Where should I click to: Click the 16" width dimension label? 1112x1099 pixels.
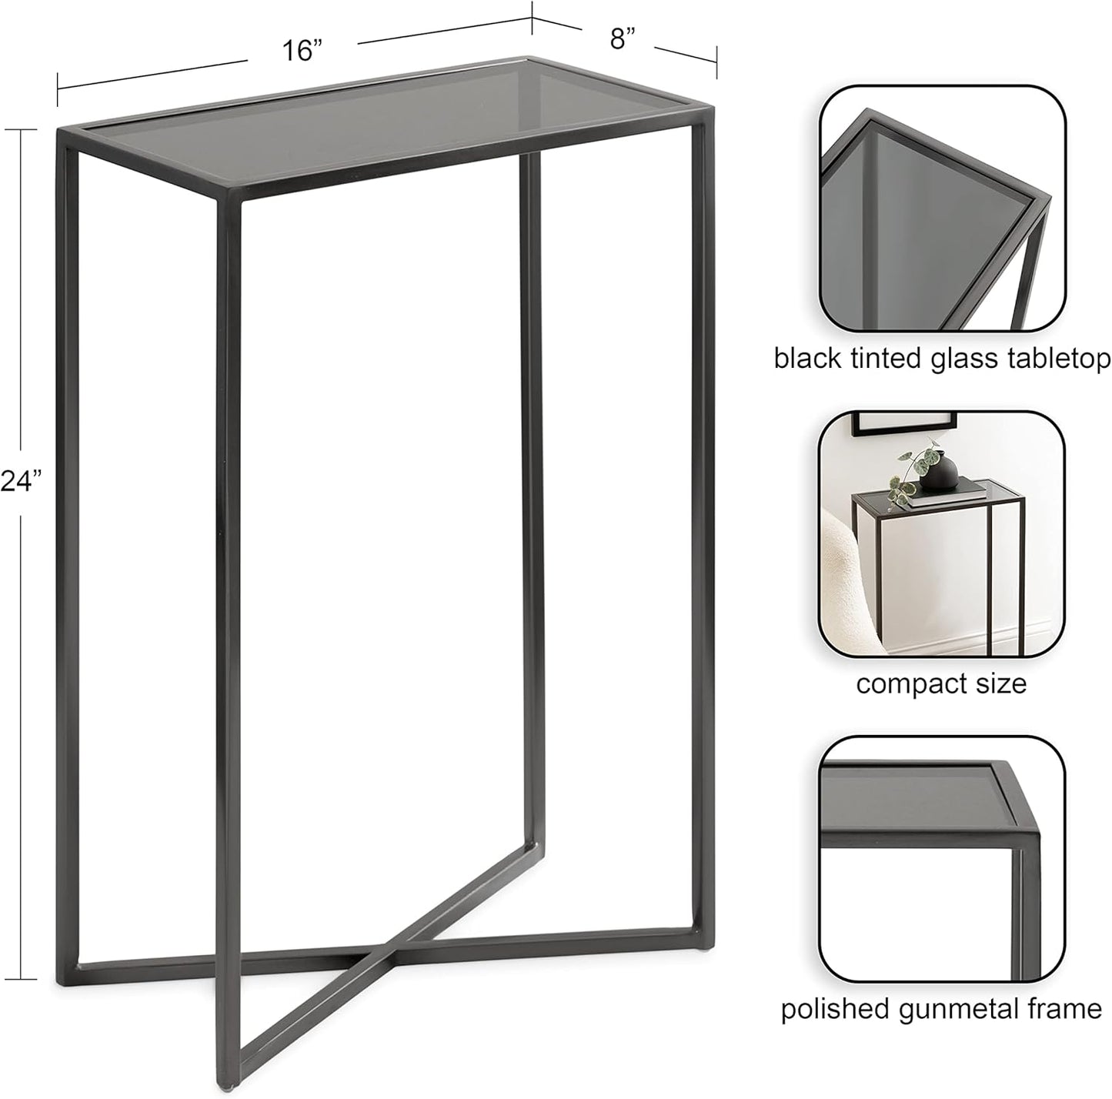301,52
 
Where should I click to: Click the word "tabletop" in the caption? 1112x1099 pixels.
1064,359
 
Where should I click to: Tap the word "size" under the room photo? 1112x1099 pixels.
999,683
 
